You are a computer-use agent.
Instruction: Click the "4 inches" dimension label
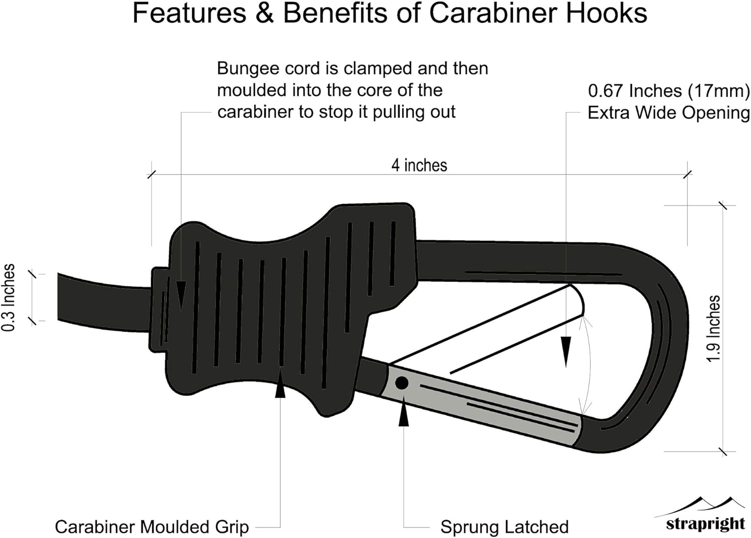pyautogui.click(x=419, y=165)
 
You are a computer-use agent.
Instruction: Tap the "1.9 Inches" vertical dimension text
pyautogui.click(x=713, y=328)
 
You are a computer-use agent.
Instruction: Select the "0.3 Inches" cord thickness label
pyautogui.click(x=9, y=297)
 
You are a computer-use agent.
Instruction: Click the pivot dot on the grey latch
pyautogui.click(x=402, y=383)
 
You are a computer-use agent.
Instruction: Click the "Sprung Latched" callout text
pyautogui.click(x=504, y=526)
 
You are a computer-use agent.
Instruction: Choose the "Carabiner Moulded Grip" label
pyautogui.click(x=152, y=526)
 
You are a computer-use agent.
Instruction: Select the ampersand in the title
pyautogui.click(x=264, y=13)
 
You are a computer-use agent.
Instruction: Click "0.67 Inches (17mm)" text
pyautogui.click(x=668, y=91)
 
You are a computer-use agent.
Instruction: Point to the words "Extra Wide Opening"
pyautogui.click(x=668, y=113)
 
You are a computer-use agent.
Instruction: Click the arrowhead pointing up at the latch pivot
pyautogui.click(x=404, y=416)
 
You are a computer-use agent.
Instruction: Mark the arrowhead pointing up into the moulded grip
pyautogui.click(x=280, y=387)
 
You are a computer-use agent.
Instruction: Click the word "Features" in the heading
pyautogui.click(x=189, y=13)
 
